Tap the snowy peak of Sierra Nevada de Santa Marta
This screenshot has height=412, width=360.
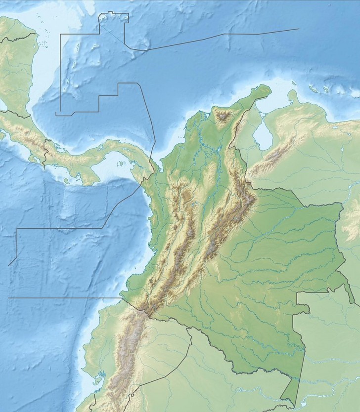coord(224,117)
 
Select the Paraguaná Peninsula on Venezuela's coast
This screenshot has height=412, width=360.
coord(294,95)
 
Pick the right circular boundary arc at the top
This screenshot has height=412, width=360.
coord(124,18)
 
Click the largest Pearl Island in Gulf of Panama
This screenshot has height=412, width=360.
coord(119,167)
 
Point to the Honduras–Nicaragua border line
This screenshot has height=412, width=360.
coord(20,38)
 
